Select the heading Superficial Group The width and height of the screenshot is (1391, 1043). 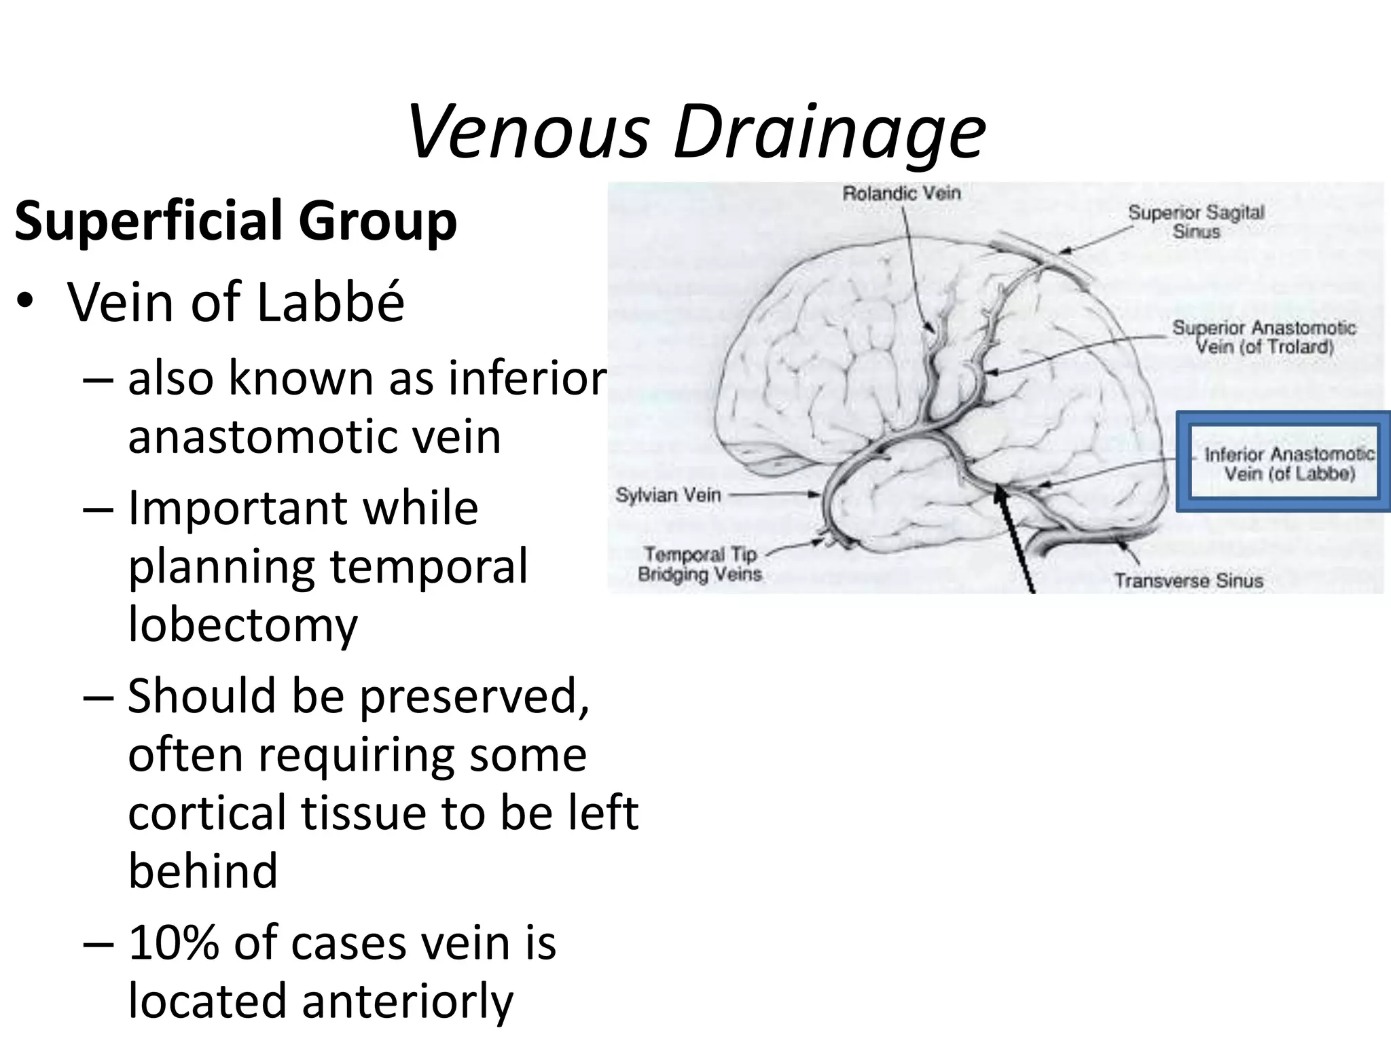click(x=236, y=221)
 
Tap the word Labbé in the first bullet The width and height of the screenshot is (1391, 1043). click(x=331, y=301)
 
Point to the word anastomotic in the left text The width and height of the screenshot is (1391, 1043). click(x=314, y=436)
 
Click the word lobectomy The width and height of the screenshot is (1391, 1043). click(x=242, y=625)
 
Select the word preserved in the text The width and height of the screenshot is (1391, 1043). click(x=473, y=697)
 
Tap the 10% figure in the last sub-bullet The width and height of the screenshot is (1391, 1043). click(x=173, y=943)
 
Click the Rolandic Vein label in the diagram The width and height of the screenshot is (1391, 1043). click(x=901, y=194)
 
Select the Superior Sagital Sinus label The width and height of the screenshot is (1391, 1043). click(x=1196, y=222)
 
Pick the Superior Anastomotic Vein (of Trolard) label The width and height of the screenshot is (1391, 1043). click(x=1264, y=337)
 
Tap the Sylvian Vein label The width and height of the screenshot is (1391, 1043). click(x=668, y=495)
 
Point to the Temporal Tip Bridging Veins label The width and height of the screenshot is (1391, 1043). click(x=700, y=565)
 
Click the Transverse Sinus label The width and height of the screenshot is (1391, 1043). click(x=1189, y=581)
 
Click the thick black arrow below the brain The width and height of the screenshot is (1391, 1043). click(x=1015, y=543)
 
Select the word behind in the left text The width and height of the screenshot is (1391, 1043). click(x=203, y=871)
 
